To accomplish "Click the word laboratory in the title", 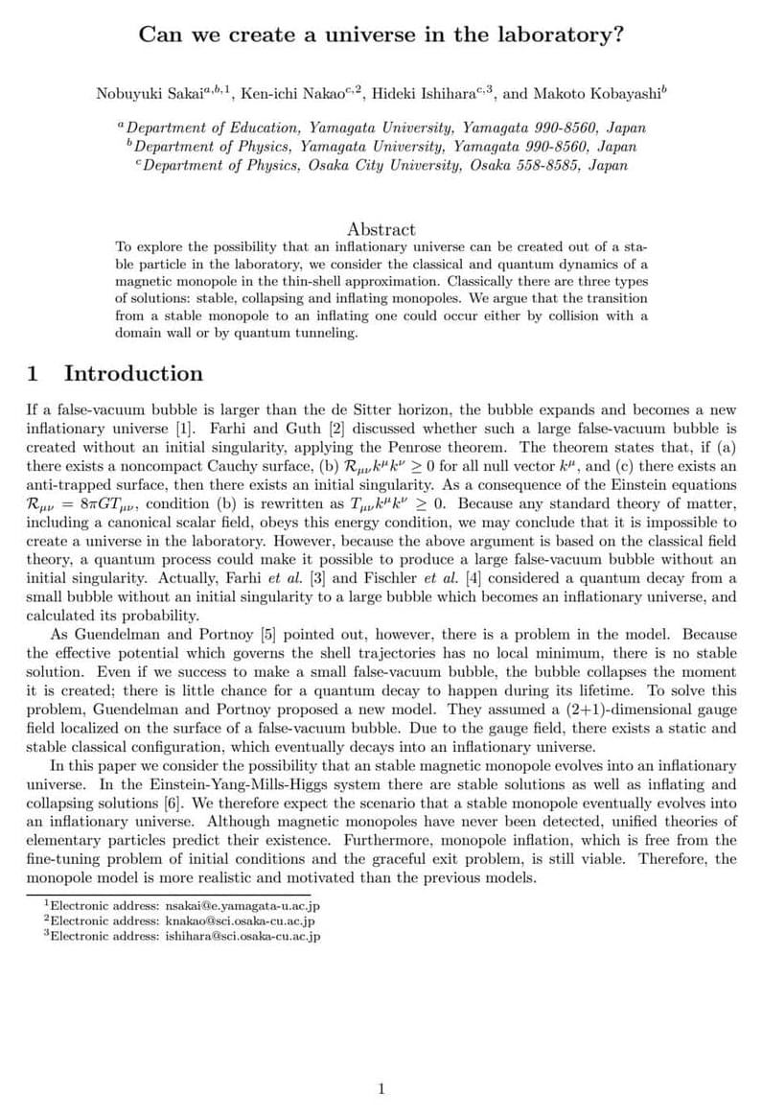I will pyautogui.click(x=557, y=35).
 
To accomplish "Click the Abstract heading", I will pyautogui.click(x=381, y=229).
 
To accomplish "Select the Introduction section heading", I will pyautogui.click(x=133, y=374).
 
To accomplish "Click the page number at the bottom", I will pyautogui.click(x=381, y=1088).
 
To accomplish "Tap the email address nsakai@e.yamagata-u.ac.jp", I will pyautogui.click(x=242, y=905).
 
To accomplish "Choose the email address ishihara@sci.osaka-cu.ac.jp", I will pyautogui.click(x=242, y=936).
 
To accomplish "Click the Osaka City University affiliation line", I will pyautogui.click(x=381, y=165).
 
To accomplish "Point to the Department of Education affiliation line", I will pyautogui.click(x=381, y=128).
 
